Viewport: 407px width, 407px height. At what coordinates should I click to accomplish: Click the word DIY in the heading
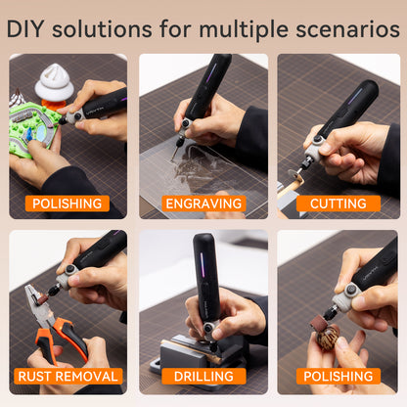point(25,29)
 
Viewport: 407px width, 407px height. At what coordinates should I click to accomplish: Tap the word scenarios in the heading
point(347,29)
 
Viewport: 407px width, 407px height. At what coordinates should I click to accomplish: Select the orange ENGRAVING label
point(203,203)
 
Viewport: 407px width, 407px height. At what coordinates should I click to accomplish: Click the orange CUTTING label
point(339,203)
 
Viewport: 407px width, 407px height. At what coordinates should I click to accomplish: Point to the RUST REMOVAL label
point(68,376)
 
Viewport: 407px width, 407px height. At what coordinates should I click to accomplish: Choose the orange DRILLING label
point(203,376)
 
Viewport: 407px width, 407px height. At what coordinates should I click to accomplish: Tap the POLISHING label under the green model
point(68,203)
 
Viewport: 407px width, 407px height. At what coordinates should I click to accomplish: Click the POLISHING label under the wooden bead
point(339,376)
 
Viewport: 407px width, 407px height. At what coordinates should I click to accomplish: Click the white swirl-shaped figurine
point(55,82)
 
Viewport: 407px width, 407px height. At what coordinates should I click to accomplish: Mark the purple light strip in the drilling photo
point(203,265)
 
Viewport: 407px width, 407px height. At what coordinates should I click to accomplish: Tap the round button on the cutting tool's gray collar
point(316,139)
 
